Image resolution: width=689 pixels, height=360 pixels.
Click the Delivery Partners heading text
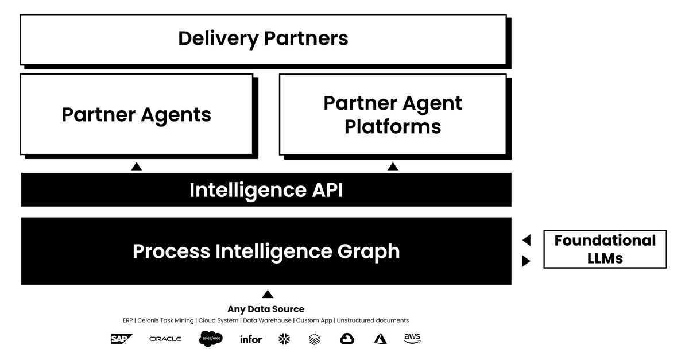point(263,38)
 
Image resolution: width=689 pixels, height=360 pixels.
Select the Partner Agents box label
point(136,114)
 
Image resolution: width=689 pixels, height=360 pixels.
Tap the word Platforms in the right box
point(393,126)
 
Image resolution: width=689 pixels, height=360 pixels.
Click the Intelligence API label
point(266,190)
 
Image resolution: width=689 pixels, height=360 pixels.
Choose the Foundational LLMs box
point(605,249)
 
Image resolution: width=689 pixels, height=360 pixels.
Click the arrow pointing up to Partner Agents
point(136,167)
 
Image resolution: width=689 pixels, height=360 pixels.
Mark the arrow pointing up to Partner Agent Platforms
point(393,167)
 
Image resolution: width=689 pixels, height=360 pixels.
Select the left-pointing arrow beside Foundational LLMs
point(526,240)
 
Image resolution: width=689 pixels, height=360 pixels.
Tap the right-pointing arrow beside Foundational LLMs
point(526,261)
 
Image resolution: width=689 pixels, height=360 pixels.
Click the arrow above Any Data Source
point(267,295)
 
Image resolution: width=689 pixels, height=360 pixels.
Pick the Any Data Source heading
point(266,309)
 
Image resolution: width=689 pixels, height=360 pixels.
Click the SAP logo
point(122,339)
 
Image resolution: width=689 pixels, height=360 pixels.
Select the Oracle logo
point(165,339)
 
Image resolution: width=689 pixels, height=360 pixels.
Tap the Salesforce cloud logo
point(211,339)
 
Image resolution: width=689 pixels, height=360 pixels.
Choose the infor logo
point(251,339)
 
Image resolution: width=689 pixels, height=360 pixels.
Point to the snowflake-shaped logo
point(284,339)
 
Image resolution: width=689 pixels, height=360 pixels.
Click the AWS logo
point(412,339)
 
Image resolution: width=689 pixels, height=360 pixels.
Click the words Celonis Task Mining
point(166,320)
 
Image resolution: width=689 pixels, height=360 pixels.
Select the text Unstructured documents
point(373,320)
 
